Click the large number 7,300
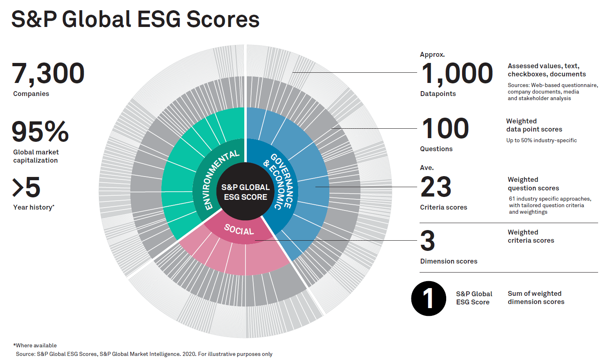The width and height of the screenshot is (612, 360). point(48,74)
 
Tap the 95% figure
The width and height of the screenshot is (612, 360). point(40,132)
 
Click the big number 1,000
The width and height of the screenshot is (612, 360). point(457,74)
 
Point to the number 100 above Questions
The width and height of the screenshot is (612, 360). point(445,128)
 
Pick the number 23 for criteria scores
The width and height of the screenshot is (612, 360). point(436,187)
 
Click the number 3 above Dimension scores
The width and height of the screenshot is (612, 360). point(427,241)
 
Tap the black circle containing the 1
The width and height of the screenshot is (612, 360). point(429,298)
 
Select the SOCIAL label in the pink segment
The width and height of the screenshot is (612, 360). point(239,230)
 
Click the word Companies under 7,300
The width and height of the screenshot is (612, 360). point(31,94)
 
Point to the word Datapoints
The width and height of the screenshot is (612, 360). point(438,94)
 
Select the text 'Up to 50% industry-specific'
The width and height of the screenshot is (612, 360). point(541,140)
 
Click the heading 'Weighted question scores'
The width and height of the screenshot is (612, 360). point(533,184)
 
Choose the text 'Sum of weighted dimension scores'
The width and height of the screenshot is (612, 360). point(536,297)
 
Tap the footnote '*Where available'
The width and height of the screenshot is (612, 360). point(35,345)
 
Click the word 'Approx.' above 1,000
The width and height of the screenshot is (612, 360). point(432,54)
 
